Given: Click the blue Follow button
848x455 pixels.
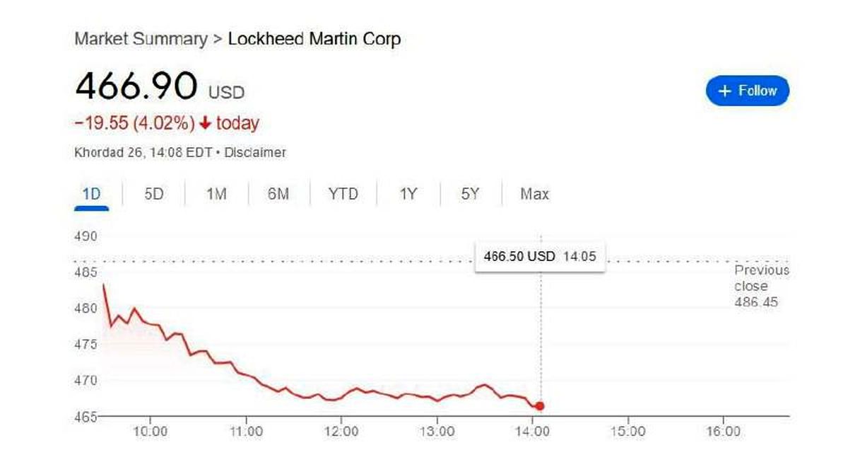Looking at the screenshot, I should tap(747, 91).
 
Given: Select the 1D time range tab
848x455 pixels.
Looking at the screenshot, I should tap(91, 194).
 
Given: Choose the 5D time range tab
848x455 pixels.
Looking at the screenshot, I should tap(153, 194).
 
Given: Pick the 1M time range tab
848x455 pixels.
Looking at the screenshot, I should tap(216, 194).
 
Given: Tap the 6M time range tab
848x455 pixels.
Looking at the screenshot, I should tap(278, 194).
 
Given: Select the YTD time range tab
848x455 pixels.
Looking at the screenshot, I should tap(343, 194).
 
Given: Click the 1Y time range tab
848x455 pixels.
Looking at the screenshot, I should tap(408, 194).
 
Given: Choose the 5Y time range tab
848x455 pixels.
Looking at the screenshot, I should tap(470, 194).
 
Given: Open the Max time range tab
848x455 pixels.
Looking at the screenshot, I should tap(534, 194).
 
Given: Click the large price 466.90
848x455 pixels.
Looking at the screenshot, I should tap(136, 87).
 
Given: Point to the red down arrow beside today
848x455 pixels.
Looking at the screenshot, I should tap(205, 124).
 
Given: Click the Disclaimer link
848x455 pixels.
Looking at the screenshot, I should tap(255, 152).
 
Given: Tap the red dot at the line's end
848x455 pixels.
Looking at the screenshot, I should tap(541, 406).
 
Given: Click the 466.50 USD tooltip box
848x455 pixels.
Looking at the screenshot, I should tap(540, 256).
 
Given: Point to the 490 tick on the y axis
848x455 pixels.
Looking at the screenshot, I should tap(86, 236).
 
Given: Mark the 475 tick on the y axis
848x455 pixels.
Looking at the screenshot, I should tap(86, 345).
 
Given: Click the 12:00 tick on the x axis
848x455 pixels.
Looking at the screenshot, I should tap(341, 431).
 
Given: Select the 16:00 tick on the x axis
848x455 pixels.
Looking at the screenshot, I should tap(723, 431).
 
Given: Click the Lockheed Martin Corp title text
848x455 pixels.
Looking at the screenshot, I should tap(314, 39).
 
